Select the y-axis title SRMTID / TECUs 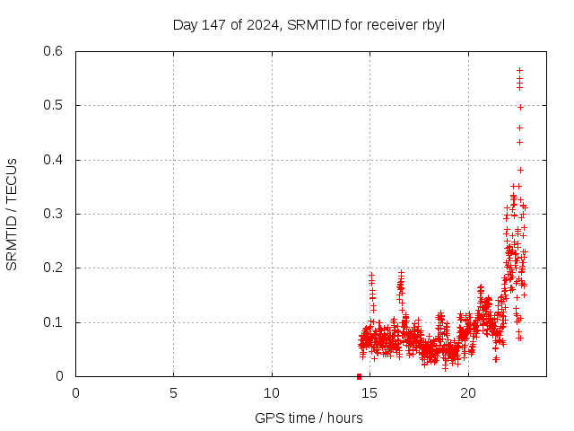coord(12,214)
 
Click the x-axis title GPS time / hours coord(309,418)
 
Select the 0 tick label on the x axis coord(75,392)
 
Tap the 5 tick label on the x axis coord(173,392)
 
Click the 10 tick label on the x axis coord(272,392)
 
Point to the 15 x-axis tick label coord(370,392)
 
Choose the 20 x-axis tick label coord(467,392)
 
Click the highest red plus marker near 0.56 coord(519,70)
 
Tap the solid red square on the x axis coord(359,376)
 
